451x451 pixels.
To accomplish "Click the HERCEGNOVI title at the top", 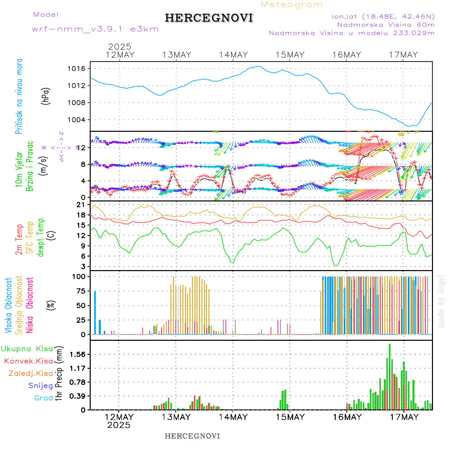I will coord(209,18).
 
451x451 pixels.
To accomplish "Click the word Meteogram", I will coord(292,5).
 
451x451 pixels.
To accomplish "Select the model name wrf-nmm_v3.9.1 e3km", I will coord(95,29).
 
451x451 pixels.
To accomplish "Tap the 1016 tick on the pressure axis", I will coord(80,68).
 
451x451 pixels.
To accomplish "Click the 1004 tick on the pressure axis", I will coord(80,120).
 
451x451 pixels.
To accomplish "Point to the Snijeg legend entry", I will coord(41,385).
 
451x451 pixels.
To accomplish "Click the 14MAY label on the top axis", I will coord(233,55).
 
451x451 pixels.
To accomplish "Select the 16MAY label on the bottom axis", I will coord(347,417).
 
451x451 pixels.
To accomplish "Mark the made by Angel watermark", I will coord(441,301).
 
